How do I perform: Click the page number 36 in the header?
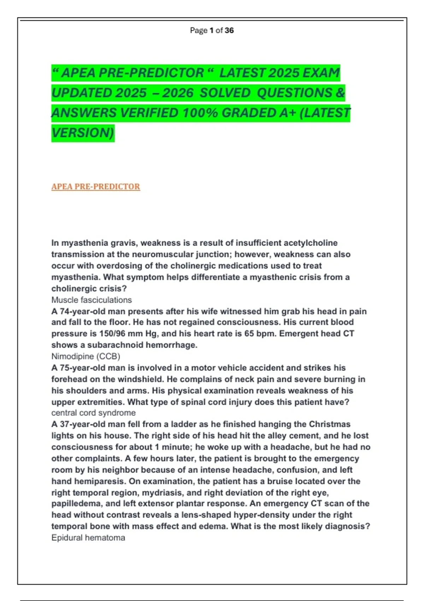(229, 30)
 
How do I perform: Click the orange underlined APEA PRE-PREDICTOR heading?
(95, 187)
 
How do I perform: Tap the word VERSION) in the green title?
(83, 133)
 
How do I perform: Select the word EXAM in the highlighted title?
(321, 73)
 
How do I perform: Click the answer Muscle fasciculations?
(92, 300)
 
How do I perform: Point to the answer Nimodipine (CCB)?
(86, 356)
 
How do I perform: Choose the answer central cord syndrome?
(93, 413)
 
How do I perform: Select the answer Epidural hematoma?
(88, 538)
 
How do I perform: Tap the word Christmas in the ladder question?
(329, 424)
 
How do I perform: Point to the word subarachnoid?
(114, 345)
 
